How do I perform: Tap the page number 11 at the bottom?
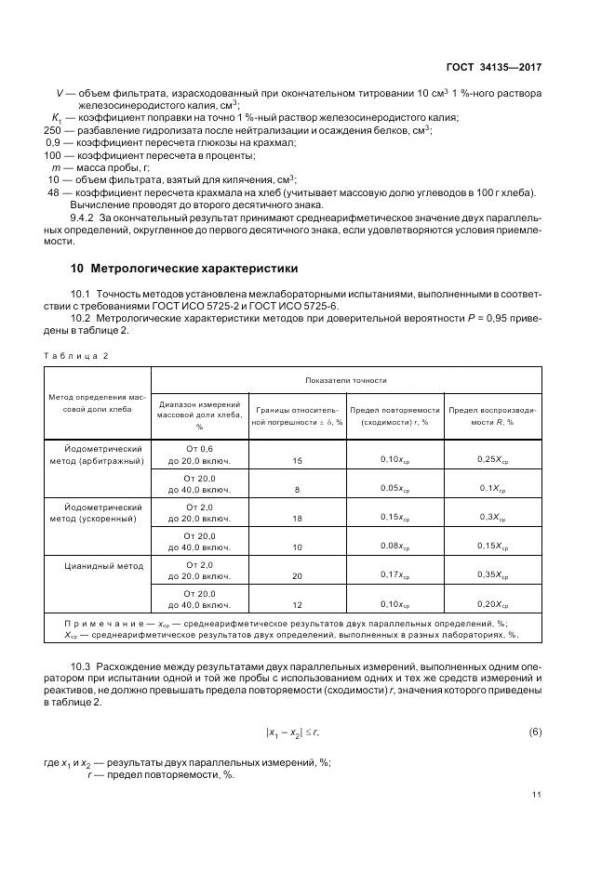click(537, 794)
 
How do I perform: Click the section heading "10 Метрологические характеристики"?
click(184, 269)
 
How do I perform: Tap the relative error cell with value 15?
click(298, 460)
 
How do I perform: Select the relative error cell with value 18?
click(298, 517)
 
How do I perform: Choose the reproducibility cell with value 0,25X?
click(492, 459)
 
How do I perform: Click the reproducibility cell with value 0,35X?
click(492, 574)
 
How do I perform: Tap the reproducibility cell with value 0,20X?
click(492, 603)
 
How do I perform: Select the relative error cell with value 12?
click(298, 604)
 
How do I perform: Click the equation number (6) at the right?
click(535, 732)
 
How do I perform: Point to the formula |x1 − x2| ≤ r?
click(292, 733)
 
